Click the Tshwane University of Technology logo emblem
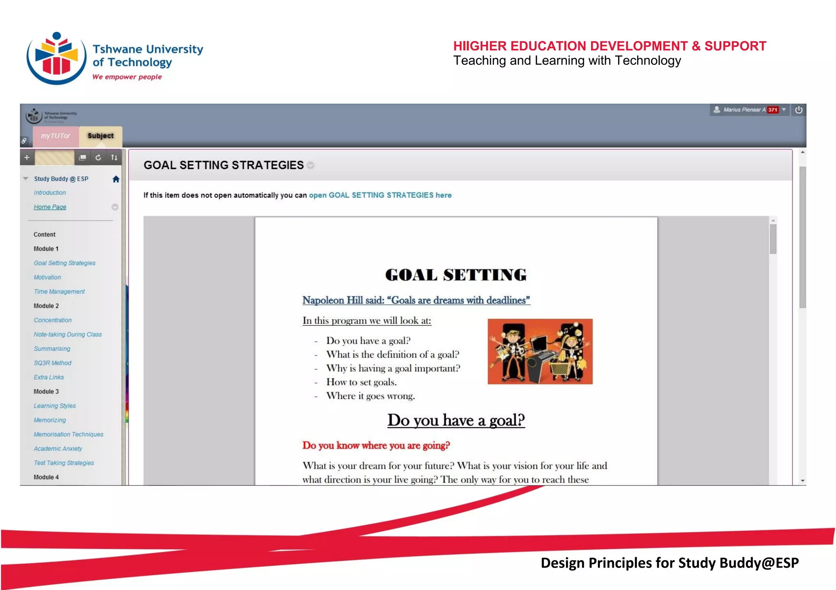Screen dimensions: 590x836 [x=56, y=58]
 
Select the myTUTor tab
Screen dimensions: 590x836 [x=56, y=136]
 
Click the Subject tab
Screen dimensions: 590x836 [x=100, y=136]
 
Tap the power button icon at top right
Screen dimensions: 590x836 [x=799, y=110]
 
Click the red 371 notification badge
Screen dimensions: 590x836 [x=772, y=110]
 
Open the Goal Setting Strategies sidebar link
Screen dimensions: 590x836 [x=64, y=263]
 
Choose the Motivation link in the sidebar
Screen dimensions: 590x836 [x=47, y=277]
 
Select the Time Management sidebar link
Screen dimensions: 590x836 [x=59, y=292]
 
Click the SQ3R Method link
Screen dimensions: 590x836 [x=52, y=363]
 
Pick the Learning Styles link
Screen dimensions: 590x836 [x=55, y=406]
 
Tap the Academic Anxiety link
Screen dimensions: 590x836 [x=58, y=449]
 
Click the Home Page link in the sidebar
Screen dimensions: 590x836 [x=50, y=207]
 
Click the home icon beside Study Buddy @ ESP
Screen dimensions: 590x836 [x=116, y=179]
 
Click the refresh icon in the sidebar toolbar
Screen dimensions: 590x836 [x=98, y=157]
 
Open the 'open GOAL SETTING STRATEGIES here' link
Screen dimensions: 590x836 [x=380, y=195]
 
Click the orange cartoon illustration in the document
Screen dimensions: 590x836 [x=540, y=351]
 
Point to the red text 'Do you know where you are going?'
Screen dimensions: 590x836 [x=376, y=445]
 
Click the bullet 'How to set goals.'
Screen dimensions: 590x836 [x=361, y=382]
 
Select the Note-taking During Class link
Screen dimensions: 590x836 [x=68, y=334]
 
